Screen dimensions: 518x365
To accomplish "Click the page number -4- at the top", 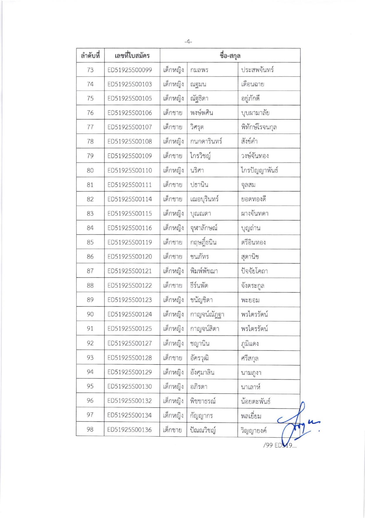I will coord(188,42).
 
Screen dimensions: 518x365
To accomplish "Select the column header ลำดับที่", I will coord(90,55).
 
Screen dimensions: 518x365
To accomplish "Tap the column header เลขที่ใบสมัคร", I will coord(132,55).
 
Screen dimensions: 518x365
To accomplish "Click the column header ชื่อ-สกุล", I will coord(230,55).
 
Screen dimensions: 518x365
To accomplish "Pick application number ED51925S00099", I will coord(130,70).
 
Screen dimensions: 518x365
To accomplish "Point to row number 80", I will coord(90,170).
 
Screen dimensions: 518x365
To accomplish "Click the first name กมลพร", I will coord(199,70).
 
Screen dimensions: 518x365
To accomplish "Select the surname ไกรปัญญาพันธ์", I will coord(260,170).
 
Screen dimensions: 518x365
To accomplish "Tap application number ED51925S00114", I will coord(130,199).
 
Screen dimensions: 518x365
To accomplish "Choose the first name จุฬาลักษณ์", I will coord(204,228).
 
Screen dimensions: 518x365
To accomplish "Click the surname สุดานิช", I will coord(250,257).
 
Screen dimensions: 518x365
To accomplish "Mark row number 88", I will coord(90,285).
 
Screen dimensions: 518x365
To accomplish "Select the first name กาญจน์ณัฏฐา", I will coord(207,314).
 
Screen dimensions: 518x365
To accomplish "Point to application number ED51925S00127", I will coord(130,343).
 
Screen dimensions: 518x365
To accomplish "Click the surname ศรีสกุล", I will coord(250,358).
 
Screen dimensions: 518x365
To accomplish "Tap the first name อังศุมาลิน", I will coord(202,372).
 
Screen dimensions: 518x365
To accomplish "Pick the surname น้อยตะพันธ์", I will coord(255,401).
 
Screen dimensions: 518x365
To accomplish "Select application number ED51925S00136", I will coord(129,430).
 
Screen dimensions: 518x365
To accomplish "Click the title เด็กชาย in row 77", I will coord(173,127).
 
